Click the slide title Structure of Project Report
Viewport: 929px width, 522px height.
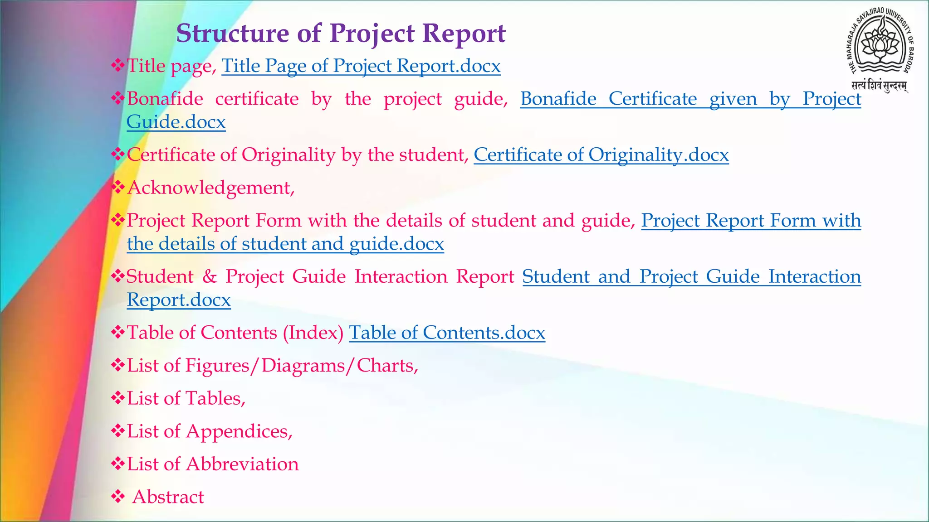(341, 33)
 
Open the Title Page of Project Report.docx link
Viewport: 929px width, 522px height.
(361, 66)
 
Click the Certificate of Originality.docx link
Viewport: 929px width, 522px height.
(601, 155)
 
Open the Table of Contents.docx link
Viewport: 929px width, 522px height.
(447, 333)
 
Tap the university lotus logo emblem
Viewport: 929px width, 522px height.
(880, 45)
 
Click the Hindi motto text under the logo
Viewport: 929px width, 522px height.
(879, 86)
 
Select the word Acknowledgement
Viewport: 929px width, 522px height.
(211, 188)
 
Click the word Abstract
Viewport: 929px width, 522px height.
(168, 497)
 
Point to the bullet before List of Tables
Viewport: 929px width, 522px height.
(118, 398)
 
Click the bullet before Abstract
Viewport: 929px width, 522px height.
(118, 497)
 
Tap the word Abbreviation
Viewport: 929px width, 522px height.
(242, 464)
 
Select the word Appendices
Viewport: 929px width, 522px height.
(239, 432)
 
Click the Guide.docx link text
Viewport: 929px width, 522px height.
(176, 122)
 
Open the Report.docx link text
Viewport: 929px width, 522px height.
(179, 300)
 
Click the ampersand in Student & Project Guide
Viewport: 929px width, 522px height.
(210, 277)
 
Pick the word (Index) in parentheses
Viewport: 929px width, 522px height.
(313, 333)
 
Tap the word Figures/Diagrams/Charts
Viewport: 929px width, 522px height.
(302, 366)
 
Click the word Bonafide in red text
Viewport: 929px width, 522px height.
(165, 99)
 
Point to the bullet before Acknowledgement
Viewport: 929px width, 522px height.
(118, 188)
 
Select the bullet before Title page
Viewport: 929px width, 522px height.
(118, 66)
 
